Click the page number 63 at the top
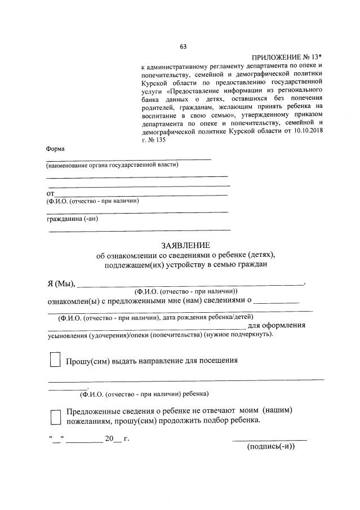pyautogui.click(x=183, y=46)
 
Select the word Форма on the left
pyautogui.click(x=55, y=149)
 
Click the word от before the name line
pyautogui.click(x=50, y=193)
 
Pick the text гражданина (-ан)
pyautogui.click(x=72, y=219)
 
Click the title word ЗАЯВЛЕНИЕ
pyautogui.click(x=185, y=246)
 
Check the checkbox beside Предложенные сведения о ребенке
pyautogui.click(x=55, y=416)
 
